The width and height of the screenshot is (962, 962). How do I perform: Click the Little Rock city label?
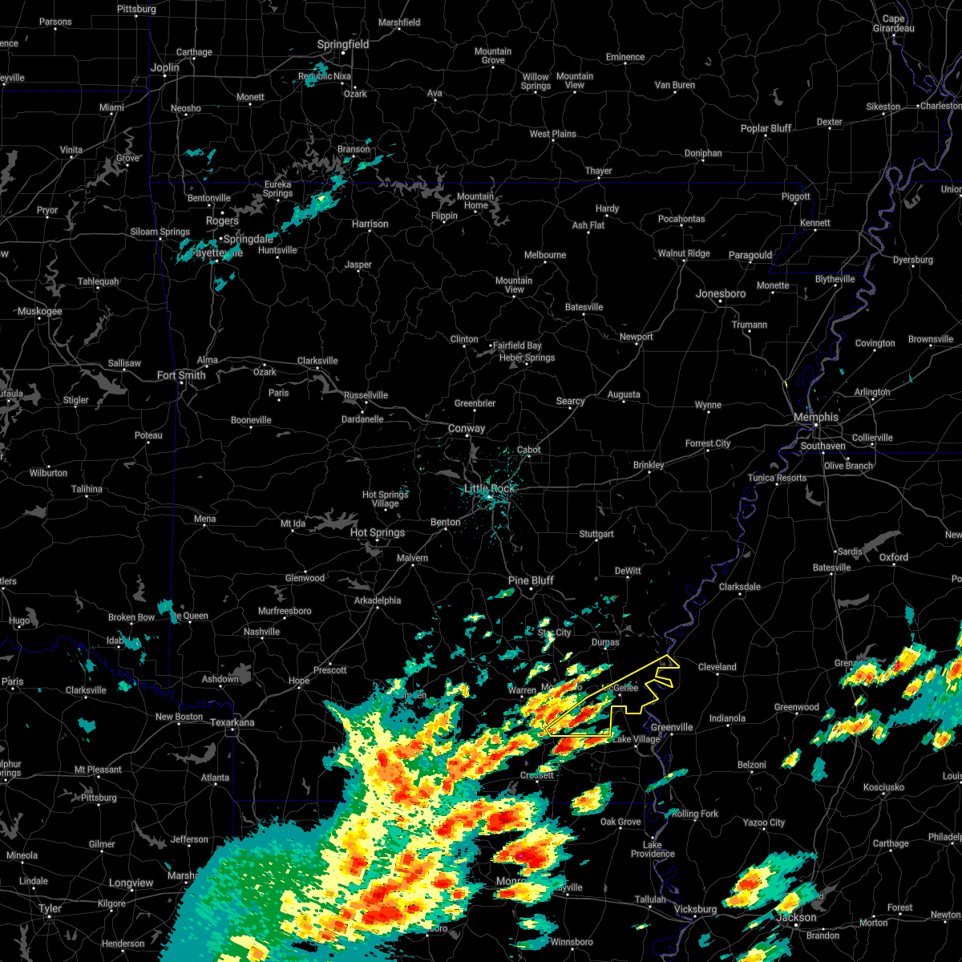(490, 489)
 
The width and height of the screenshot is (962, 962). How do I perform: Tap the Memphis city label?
(815, 418)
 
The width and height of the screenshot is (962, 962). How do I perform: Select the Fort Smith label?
(181, 375)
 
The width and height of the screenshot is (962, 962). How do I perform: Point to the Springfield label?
(343, 45)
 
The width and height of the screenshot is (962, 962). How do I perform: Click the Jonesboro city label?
(721, 294)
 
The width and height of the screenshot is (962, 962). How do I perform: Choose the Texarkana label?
(232, 723)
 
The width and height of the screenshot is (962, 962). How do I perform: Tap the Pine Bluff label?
(531, 580)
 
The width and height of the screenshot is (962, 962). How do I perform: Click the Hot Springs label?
(378, 532)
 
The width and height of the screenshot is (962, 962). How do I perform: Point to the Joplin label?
(165, 67)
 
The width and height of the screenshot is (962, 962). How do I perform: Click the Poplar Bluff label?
(766, 128)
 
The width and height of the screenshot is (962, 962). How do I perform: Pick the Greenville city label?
(671, 728)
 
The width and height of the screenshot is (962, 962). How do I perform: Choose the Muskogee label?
(40, 311)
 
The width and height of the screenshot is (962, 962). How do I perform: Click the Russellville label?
(366, 395)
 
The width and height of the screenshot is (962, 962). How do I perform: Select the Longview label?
(131, 883)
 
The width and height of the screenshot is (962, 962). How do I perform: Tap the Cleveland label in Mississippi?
(717, 667)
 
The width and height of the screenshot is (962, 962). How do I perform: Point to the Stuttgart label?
(596, 534)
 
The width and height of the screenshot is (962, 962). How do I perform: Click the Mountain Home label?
(475, 200)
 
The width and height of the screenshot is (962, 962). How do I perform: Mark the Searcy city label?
(570, 402)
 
